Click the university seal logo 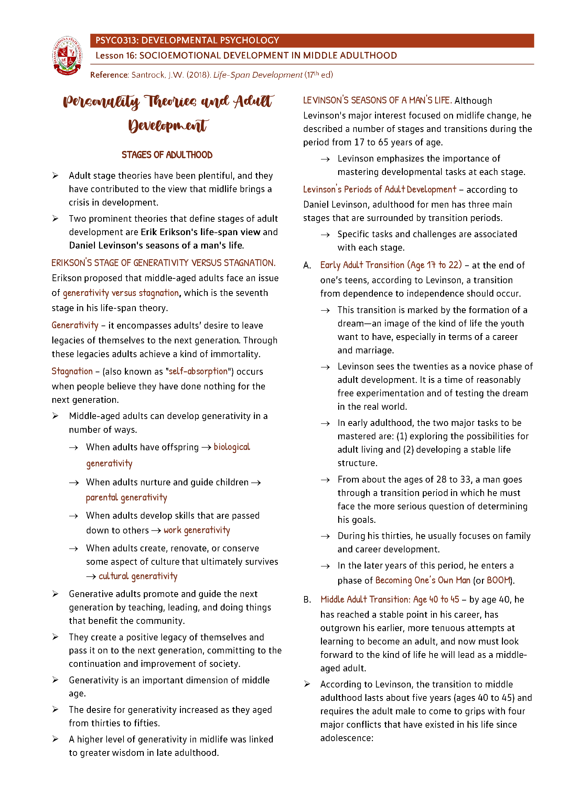tap(67, 56)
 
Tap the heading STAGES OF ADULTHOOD tap(167, 155)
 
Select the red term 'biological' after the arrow tap(232, 447)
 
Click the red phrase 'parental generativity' tap(127, 498)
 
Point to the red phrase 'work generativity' tap(196, 530)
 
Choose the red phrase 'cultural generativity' tap(138, 576)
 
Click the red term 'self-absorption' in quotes tap(198, 371)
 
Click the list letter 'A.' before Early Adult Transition tap(307, 265)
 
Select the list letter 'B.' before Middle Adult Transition tap(307, 600)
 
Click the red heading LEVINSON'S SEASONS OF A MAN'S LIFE tap(377, 100)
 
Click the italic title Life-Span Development tap(258, 75)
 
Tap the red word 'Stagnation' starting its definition tap(72, 371)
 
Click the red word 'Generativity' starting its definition tap(75, 325)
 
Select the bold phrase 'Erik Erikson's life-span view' tap(201, 232)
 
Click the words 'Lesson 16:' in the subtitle tap(116, 56)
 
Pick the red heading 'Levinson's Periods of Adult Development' tap(379, 189)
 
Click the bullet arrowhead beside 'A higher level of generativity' tap(55, 739)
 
